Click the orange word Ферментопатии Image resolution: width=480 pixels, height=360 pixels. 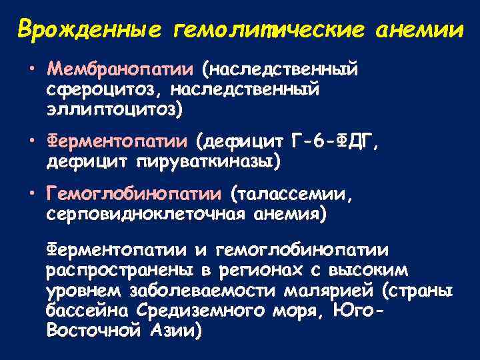click(117, 141)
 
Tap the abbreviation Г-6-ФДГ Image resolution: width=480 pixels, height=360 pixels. click(337, 141)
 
